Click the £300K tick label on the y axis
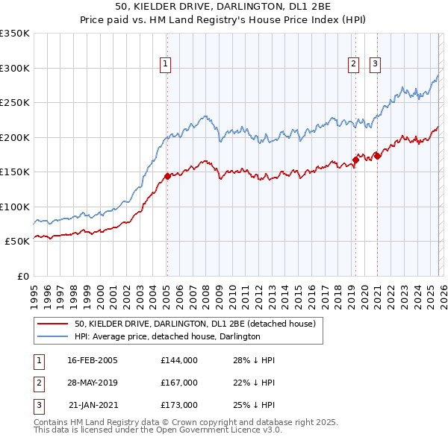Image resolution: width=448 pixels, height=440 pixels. click(x=15, y=68)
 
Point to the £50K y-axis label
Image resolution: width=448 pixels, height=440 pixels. click(x=17, y=242)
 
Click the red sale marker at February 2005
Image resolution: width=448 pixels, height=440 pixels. click(x=167, y=177)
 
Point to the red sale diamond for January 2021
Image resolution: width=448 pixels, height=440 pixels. click(x=378, y=156)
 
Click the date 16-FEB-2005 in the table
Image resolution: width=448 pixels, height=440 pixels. click(x=93, y=360)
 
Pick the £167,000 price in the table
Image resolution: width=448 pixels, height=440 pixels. click(x=178, y=383)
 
